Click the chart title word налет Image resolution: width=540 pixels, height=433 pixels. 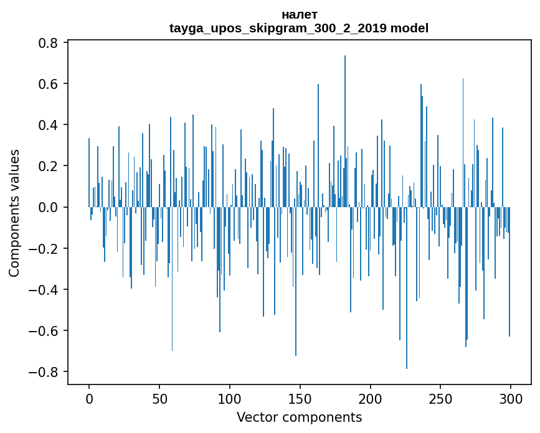click(x=299, y=14)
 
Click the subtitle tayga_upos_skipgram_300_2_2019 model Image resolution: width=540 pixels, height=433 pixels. click(x=299, y=28)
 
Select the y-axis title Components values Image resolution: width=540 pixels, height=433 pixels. click(x=14, y=213)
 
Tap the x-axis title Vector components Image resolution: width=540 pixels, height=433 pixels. click(x=299, y=417)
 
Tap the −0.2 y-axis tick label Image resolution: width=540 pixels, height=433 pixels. click(x=45, y=249)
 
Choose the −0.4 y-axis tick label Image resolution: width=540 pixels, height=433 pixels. click(x=45, y=290)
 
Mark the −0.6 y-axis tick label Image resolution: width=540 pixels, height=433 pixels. click(x=45, y=331)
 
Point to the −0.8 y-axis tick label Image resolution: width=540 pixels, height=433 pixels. click(x=45, y=372)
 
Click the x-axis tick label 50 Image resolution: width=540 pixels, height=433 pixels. click(x=159, y=398)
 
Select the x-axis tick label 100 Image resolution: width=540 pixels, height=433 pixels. click(x=230, y=398)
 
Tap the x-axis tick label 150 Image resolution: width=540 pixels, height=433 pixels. click(x=300, y=398)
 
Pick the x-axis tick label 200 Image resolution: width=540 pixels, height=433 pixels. click(x=371, y=398)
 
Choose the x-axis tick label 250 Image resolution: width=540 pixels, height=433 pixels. click(x=440, y=398)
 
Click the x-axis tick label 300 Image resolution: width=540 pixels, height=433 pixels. click(x=511, y=398)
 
